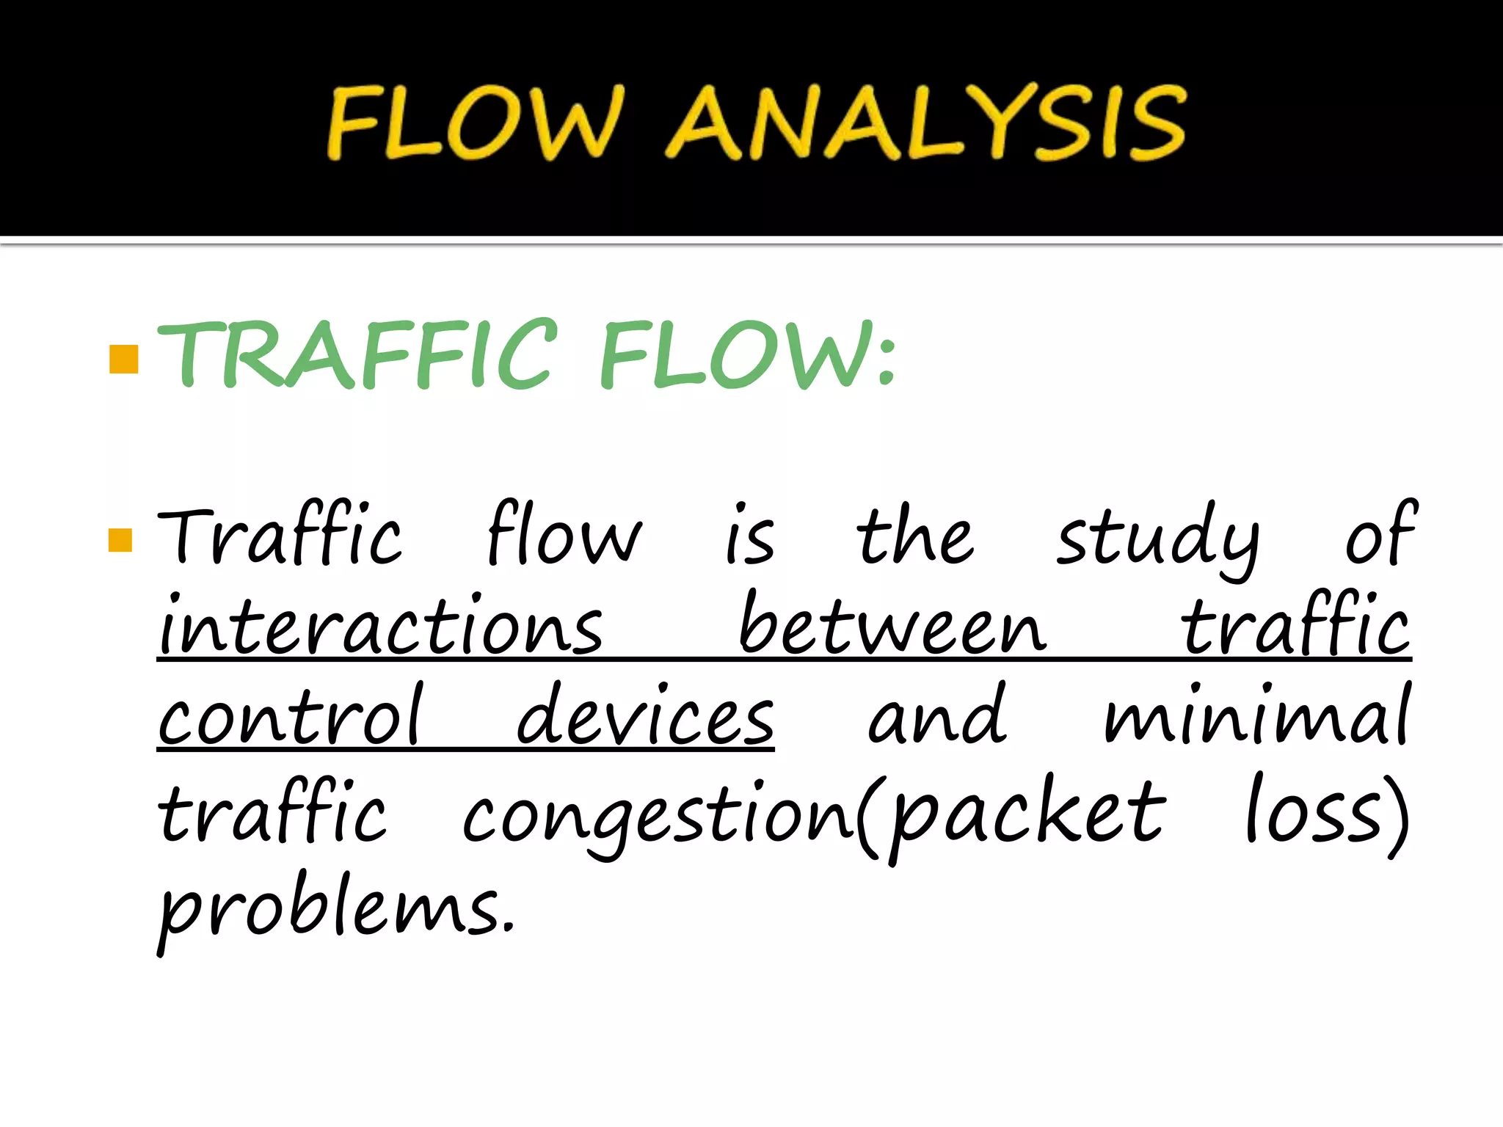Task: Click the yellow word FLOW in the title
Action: (474, 123)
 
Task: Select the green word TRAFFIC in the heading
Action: (358, 355)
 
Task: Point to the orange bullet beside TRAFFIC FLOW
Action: (123, 360)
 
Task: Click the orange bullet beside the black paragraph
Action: (120, 540)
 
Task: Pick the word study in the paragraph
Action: (1157, 539)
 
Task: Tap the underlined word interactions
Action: (380, 628)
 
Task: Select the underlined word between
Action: (892, 628)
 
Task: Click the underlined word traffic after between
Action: (1295, 628)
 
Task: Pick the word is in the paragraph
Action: (749, 539)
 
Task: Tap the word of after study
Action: (1380, 536)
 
